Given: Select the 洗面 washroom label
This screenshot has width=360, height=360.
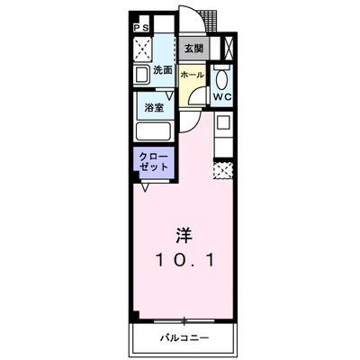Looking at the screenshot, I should pos(163,70).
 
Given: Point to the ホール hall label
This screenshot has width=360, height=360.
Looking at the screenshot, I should pos(192,76).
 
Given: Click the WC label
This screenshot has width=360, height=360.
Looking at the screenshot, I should pos(223,96).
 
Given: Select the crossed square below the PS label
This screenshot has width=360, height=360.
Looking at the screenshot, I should pos(141,48).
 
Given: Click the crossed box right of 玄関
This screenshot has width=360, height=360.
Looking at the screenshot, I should pos(226,48).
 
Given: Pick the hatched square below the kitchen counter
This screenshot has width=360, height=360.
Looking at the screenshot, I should pos(223,168).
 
